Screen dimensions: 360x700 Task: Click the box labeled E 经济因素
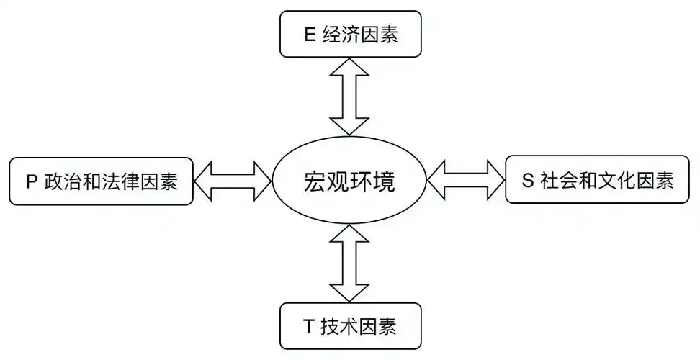[x=349, y=34]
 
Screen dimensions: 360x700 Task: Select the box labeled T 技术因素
[x=349, y=328]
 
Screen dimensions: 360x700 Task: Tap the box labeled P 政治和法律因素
[x=101, y=181]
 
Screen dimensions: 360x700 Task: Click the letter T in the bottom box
[x=308, y=328]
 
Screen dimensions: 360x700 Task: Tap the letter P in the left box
[x=31, y=181]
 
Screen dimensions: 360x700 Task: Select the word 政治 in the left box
[x=63, y=181]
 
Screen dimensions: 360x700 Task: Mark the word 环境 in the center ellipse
[x=373, y=181]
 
